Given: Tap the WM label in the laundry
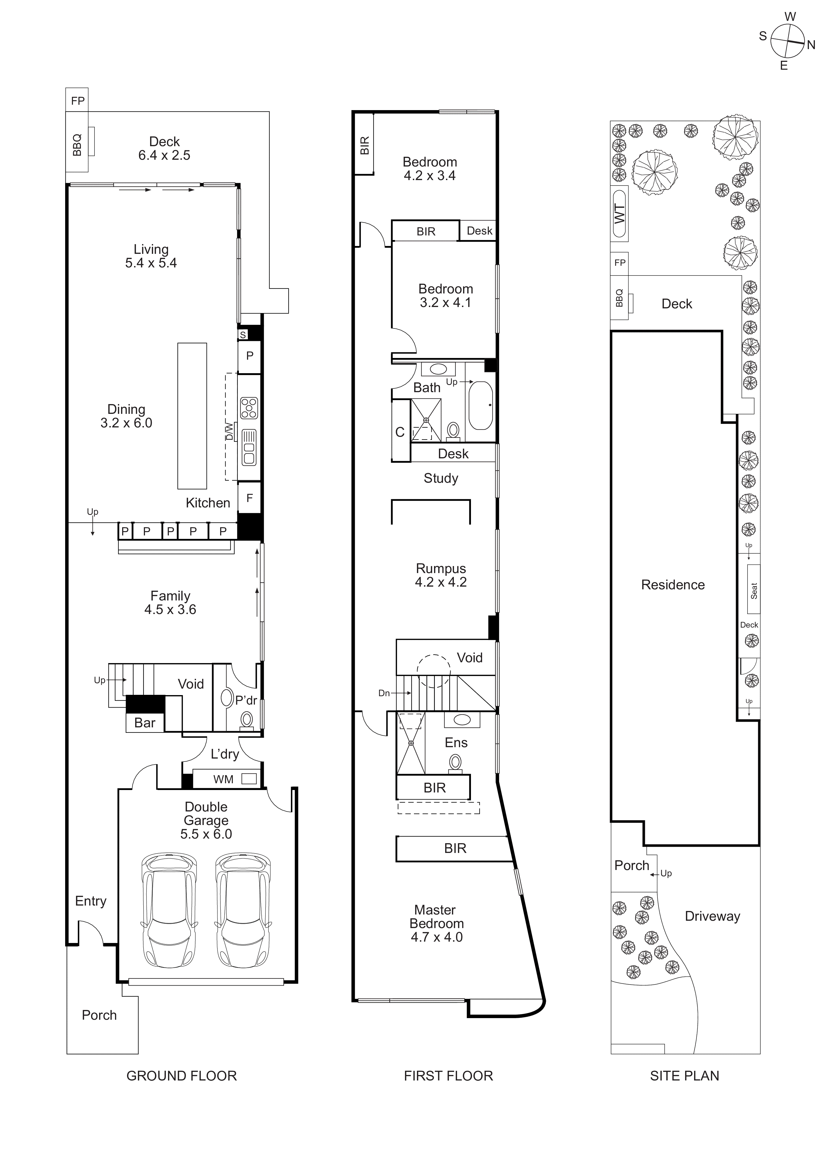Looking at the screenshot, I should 223,779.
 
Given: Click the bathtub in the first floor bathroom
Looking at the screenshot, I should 480,405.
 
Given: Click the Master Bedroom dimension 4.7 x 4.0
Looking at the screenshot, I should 436,937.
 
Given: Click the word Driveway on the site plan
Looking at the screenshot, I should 712,916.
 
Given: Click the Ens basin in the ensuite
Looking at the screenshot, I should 462,720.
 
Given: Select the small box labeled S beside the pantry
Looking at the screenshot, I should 243,334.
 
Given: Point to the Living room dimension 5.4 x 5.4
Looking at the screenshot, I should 151,263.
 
